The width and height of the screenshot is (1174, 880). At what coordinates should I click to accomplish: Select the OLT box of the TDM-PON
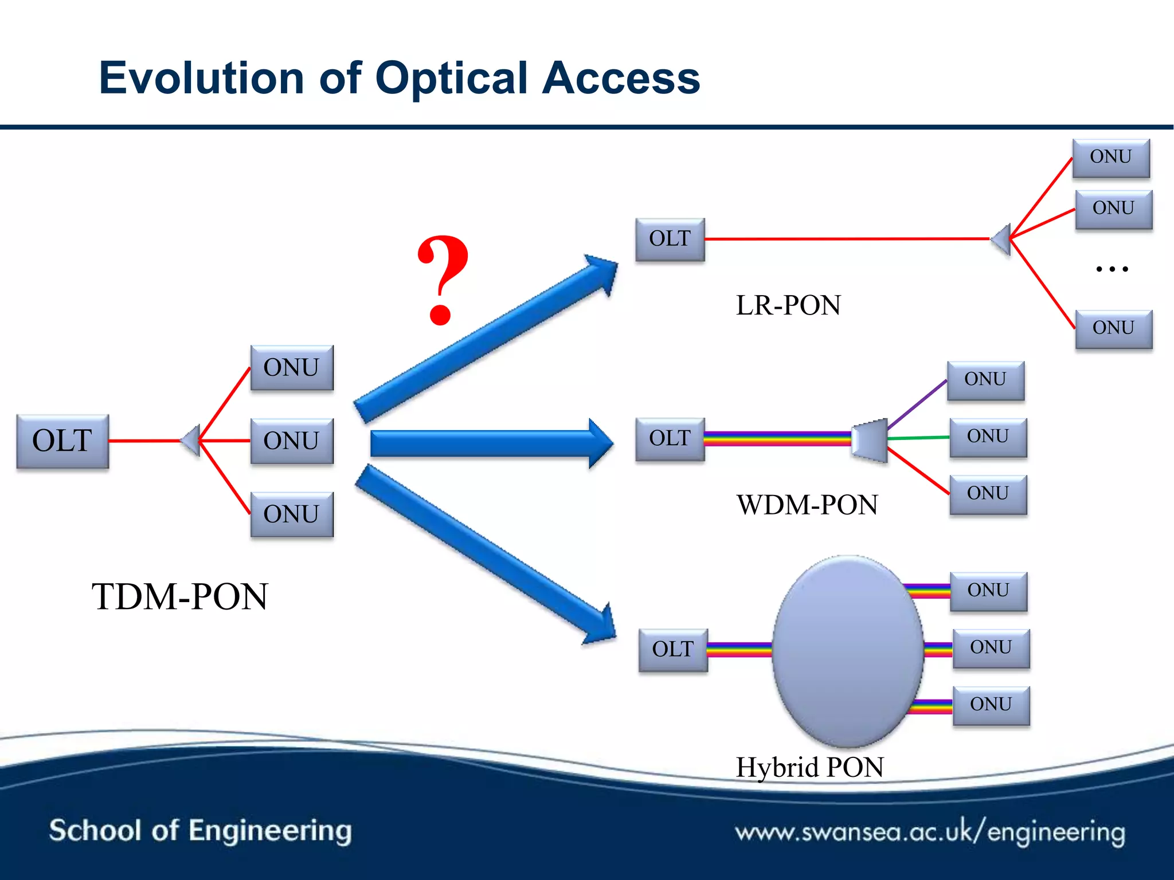coord(62,441)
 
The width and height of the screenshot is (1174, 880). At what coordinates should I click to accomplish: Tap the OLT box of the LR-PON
coord(670,239)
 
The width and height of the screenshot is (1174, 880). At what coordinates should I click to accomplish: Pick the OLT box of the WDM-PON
coord(670,439)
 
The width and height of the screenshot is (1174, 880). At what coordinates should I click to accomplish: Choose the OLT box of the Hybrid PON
coord(673,650)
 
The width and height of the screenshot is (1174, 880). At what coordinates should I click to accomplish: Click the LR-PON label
coord(788,305)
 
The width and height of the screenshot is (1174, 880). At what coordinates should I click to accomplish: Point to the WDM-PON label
coord(807,505)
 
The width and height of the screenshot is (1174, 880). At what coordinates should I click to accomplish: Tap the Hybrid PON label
coord(809,768)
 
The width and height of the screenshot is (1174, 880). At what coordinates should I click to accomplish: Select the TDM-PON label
coord(179,597)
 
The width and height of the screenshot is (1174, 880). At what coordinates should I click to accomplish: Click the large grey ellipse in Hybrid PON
coord(847,651)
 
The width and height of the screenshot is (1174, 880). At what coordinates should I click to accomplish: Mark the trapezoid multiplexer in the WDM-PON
coord(870,440)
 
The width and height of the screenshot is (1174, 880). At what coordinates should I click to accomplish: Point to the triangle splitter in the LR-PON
coord(1002,239)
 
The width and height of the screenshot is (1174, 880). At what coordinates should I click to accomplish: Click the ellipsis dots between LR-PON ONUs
coord(1112,268)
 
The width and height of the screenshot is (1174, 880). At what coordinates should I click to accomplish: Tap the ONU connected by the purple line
coord(985,380)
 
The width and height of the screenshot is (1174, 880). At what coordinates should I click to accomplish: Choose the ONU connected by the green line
coord(988,437)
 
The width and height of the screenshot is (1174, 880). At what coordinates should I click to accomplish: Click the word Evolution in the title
coord(201,78)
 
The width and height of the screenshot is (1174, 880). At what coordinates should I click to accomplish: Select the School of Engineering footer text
coord(200,831)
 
